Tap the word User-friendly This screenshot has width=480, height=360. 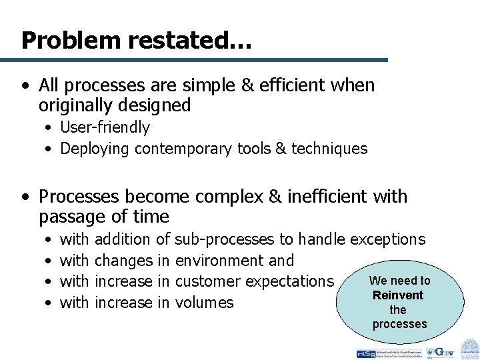click(105, 127)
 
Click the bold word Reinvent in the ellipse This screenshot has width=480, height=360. click(398, 295)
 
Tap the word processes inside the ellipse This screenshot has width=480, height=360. click(399, 324)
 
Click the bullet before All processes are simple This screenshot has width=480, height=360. click(25, 86)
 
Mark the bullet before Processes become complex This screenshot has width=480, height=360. click(25, 197)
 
